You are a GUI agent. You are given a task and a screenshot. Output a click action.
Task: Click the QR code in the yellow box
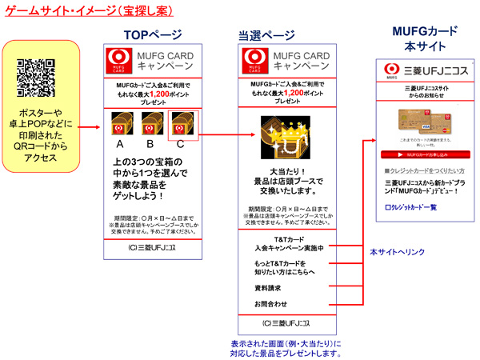pyautogui.click(x=36, y=76)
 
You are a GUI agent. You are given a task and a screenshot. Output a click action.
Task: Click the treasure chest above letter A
pyautogui.click(x=122, y=122)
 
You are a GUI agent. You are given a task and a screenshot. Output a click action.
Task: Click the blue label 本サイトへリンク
pyautogui.click(x=391, y=251)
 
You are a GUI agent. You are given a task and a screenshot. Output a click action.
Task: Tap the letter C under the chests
pyautogui.click(x=181, y=144)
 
